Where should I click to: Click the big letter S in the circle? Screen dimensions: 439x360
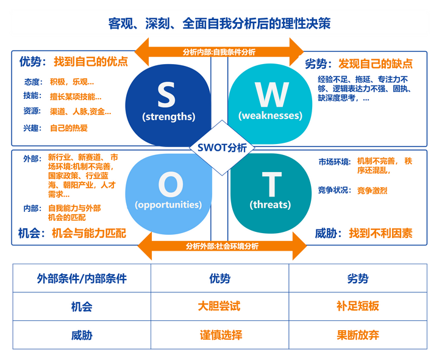point(166,95)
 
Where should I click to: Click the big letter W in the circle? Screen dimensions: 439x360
point(271,95)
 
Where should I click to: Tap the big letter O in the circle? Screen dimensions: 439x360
point(170,184)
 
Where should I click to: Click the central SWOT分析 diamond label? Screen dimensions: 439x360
point(219,147)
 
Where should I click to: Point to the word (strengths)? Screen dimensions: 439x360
point(168,116)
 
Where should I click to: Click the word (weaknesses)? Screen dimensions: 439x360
point(270,115)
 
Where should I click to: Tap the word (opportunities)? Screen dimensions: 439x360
point(168,204)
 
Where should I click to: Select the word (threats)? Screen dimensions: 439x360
point(270,204)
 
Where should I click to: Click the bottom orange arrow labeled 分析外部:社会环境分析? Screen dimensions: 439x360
point(222,247)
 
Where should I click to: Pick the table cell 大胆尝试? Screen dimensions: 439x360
point(220,306)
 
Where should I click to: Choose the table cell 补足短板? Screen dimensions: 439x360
point(358,306)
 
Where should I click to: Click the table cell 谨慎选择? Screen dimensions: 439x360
point(220,335)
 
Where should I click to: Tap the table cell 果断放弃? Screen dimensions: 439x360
point(358,335)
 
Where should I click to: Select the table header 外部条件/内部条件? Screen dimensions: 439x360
point(81,278)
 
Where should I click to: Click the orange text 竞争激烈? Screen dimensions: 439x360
point(372,190)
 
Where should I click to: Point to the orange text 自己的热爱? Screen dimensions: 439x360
point(68,128)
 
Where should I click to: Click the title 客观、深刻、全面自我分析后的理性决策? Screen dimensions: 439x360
point(219,24)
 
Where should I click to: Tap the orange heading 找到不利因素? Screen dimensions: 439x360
point(380,233)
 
